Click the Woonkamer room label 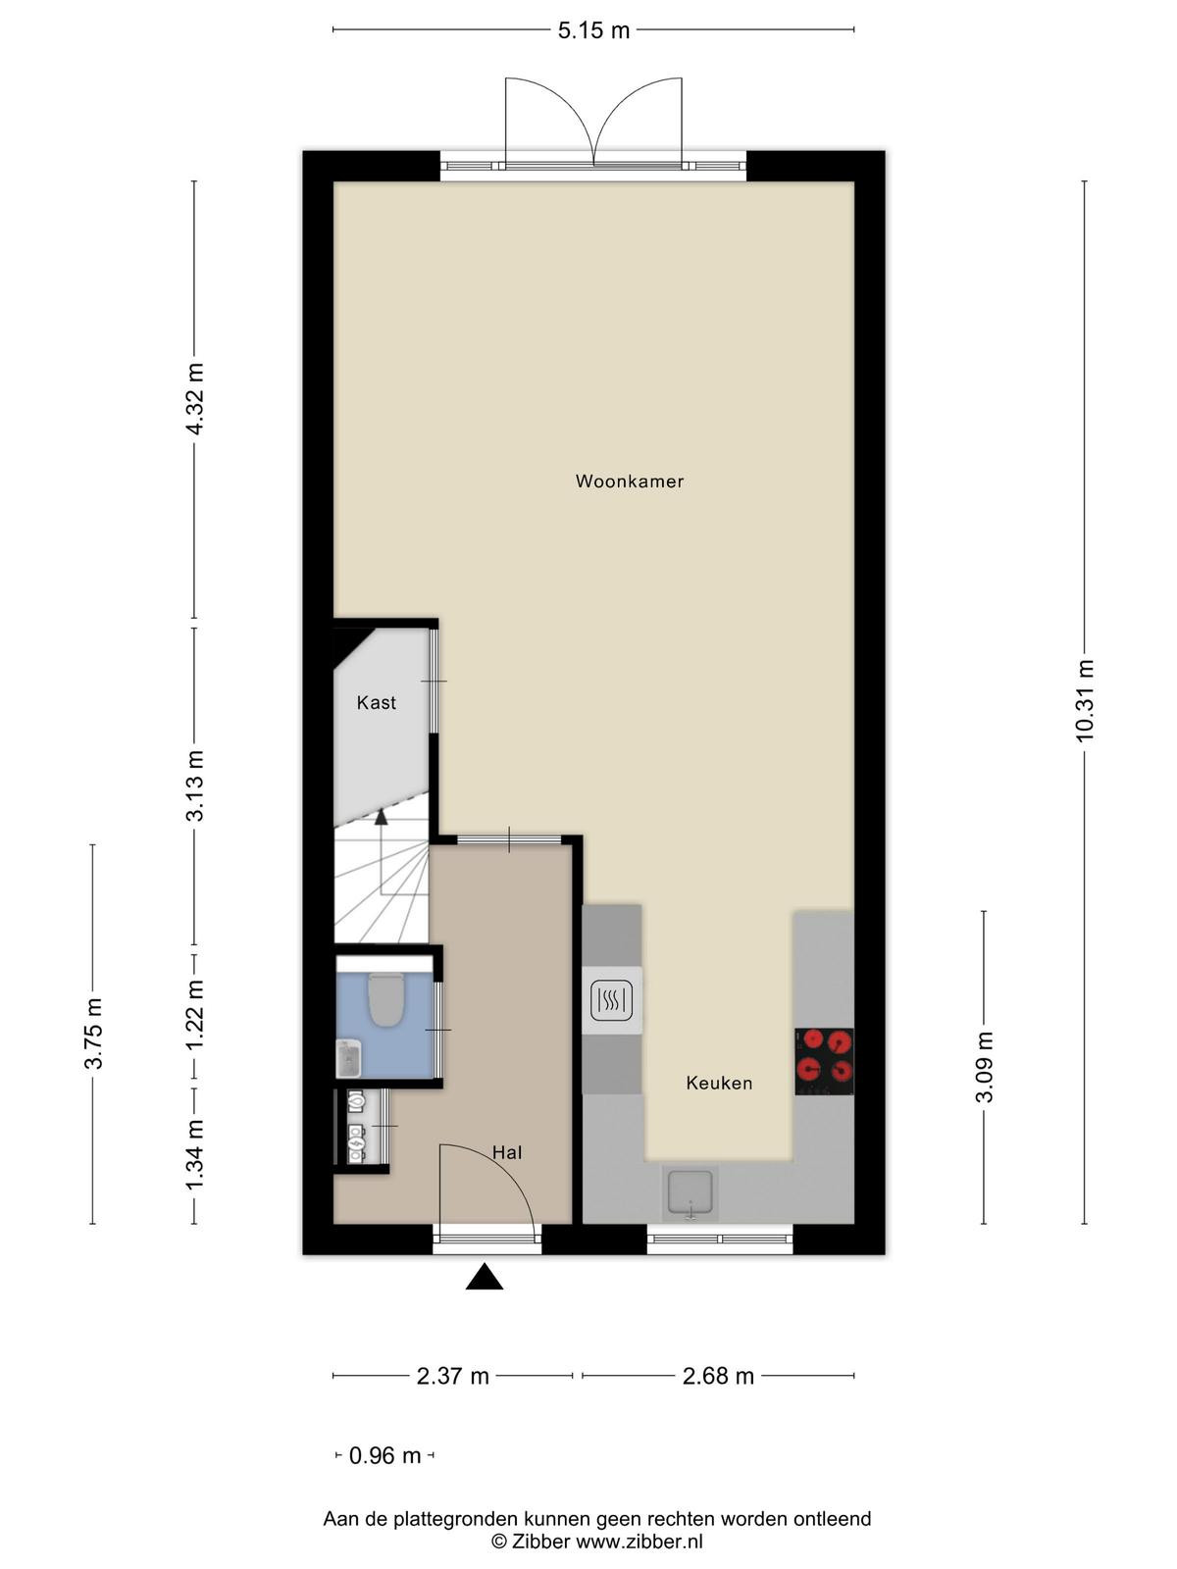click(629, 481)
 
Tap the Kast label click(376, 703)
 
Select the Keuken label click(719, 1083)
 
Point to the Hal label click(507, 1152)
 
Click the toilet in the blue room click(385, 998)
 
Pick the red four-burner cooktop click(824, 1061)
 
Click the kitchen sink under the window click(690, 1192)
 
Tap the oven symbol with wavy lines click(612, 1000)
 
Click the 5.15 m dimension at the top click(593, 30)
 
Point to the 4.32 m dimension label click(194, 399)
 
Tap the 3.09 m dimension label click(984, 1067)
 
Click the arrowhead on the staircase click(381, 817)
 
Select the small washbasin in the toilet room click(349, 1058)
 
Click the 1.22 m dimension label click(194, 1015)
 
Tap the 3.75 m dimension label click(93, 1034)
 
